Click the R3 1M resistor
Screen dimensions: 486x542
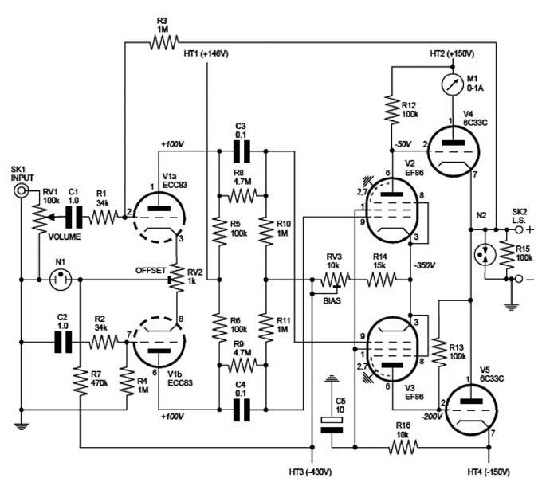(x=162, y=44)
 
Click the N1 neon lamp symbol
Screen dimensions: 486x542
(x=59, y=280)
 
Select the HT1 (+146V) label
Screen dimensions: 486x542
(x=205, y=53)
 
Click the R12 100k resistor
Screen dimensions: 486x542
(x=391, y=110)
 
